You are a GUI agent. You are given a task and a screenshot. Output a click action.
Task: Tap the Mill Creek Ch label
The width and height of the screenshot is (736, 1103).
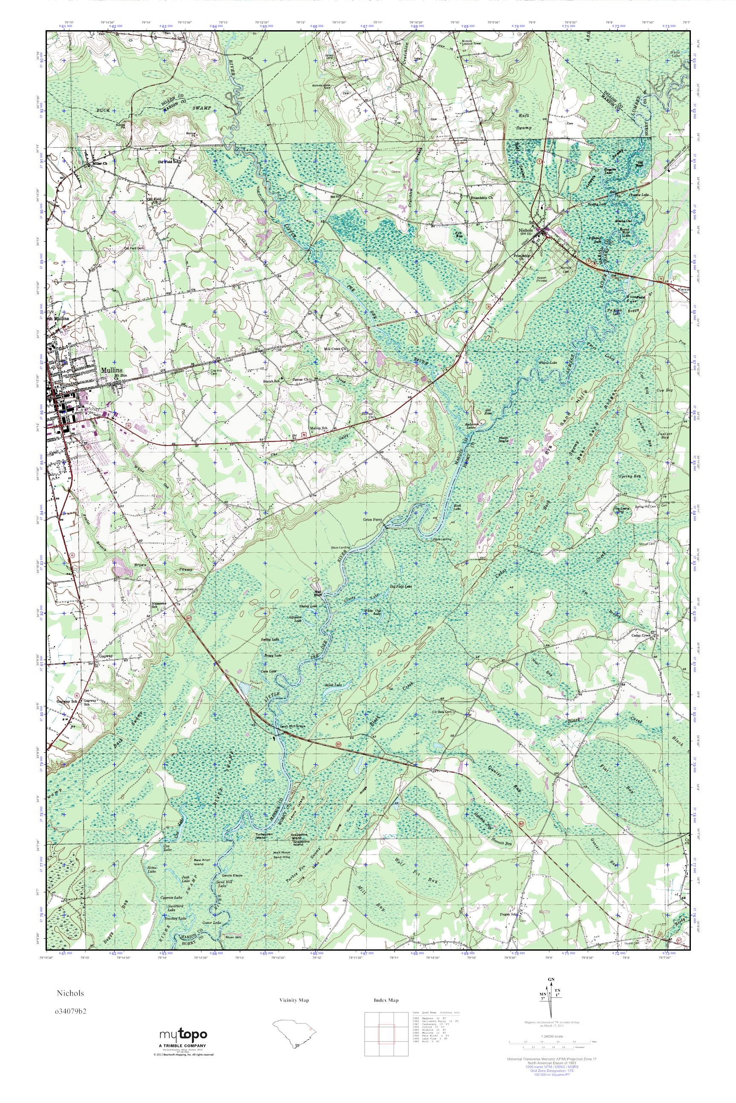334,349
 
